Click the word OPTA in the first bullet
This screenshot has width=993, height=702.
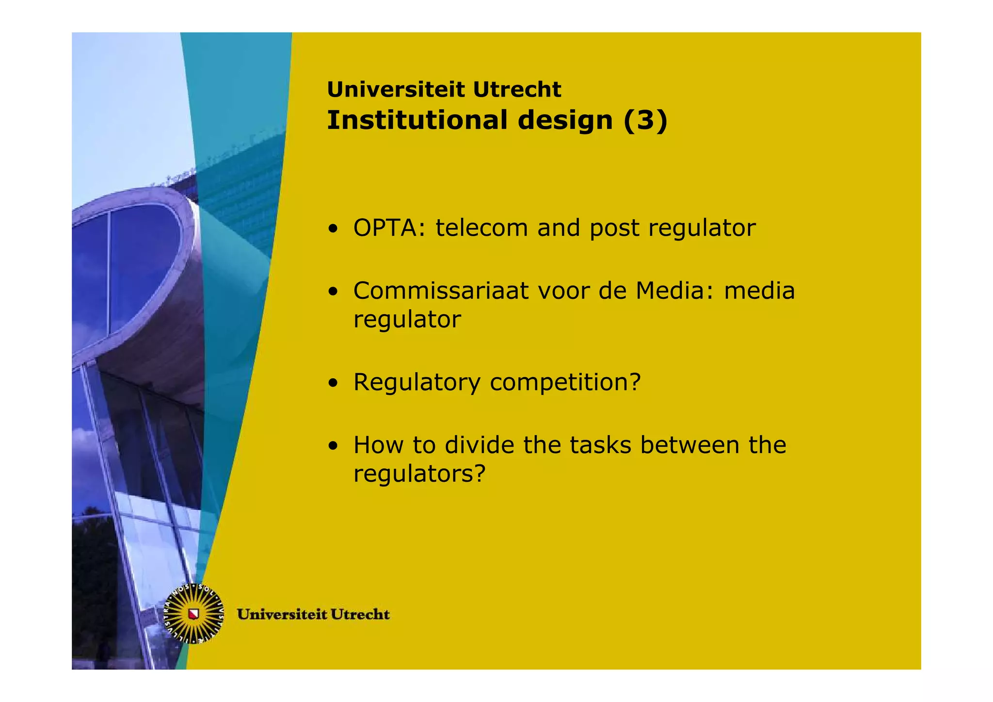click(385, 228)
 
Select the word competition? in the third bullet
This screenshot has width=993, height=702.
click(565, 382)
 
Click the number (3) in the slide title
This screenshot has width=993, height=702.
click(645, 120)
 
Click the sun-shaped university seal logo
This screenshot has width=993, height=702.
click(194, 614)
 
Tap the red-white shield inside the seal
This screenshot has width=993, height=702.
click(194, 614)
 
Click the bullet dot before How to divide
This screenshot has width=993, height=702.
click(333, 446)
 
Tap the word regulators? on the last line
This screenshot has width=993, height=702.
click(419, 473)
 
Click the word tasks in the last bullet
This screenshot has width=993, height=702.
click(600, 445)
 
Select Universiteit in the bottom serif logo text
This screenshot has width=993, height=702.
click(282, 615)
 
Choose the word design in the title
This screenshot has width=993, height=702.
click(565, 121)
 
